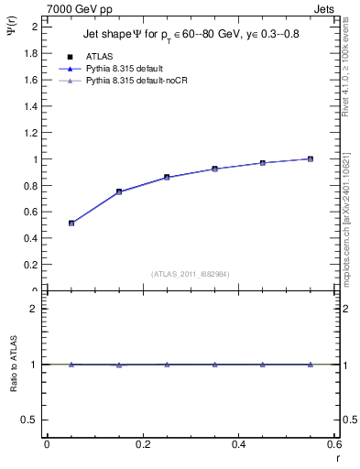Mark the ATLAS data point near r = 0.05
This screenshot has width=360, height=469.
point(71,223)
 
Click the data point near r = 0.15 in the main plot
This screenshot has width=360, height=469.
point(119,191)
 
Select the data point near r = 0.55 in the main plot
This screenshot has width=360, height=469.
point(311,158)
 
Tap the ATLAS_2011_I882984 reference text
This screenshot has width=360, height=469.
point(191,273)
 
